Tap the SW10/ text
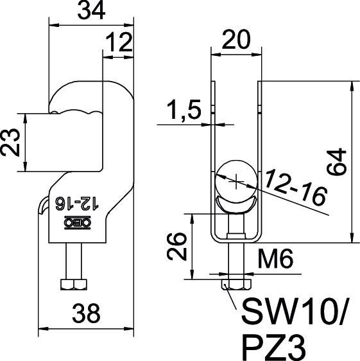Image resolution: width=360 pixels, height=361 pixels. click(295, 313)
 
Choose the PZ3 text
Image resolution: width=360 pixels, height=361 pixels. click(270, 347)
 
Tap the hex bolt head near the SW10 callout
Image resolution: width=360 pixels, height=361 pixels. click(235, 283)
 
